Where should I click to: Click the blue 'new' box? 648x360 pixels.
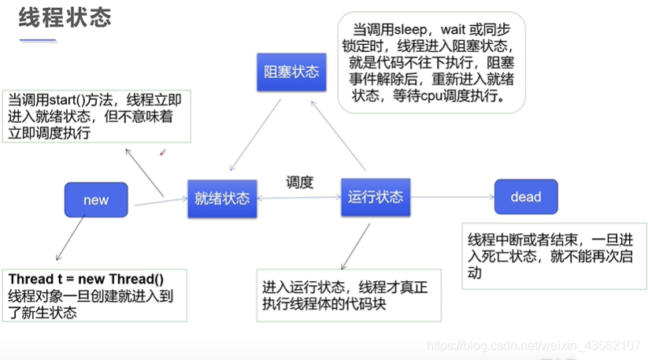pyautogui.click(x=96, y=199)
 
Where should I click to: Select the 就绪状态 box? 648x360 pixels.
pyautogui.click(x=222, y=198)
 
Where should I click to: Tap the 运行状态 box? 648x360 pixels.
pyautogui.click(x=376, y=196)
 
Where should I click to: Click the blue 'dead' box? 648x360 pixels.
pyautogui.click(x=525, y=197)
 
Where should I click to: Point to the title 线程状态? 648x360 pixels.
pyautogui.click(x=65, y=18)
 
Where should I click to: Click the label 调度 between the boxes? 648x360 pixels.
pyautogui.click(x=299, y=182)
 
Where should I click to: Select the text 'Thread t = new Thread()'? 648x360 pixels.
pyautogui.click(x=86, y=279)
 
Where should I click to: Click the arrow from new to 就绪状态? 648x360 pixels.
pyautogui.click(x=161, y=202)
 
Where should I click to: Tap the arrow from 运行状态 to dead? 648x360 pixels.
pyautogui.click(x=451, y=197)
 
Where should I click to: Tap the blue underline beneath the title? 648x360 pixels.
pyautogui.click(x=37, y=39)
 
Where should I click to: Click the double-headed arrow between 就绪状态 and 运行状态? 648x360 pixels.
pyautogui.click(x=298, y=198)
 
